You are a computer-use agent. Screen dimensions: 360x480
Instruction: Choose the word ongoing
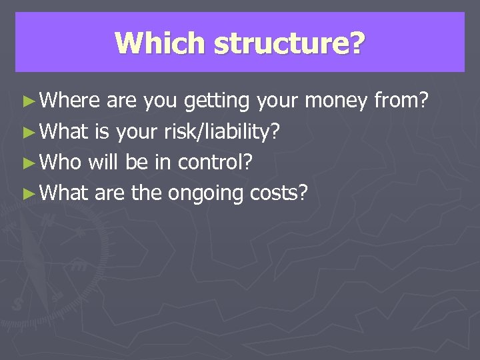coord(206,194)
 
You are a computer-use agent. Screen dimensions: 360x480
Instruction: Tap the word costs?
coord(279,193)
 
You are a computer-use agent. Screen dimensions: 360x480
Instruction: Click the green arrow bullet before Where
coord(27,101)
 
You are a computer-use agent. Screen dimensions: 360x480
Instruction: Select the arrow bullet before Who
coord(27,163)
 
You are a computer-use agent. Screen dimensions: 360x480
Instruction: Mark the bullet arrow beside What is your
coord(27,132)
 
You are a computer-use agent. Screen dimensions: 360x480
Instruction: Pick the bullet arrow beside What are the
coord(27,193)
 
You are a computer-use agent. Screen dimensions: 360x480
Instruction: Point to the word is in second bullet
coord(103,131)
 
